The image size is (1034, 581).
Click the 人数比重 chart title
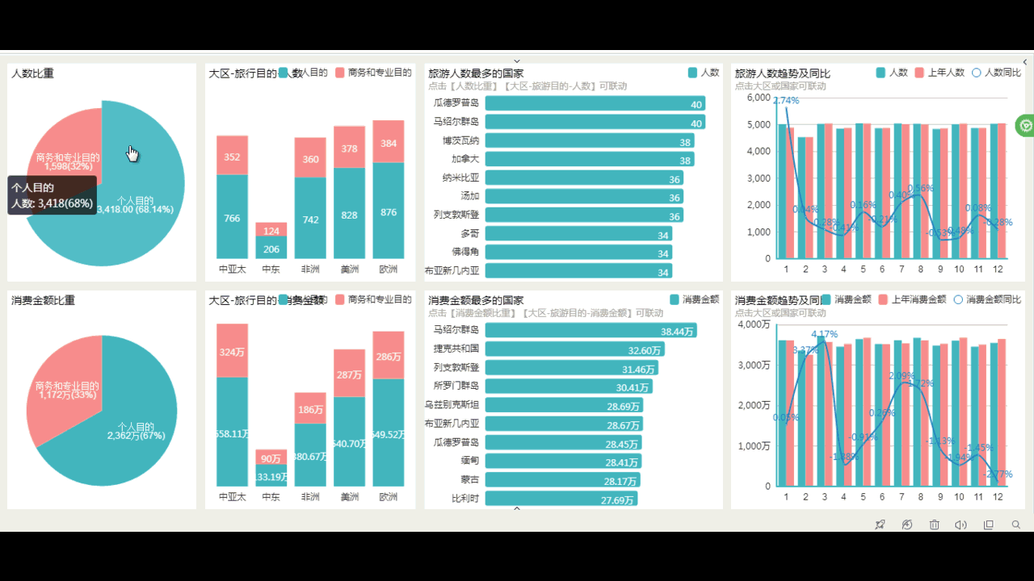tap(33, 73)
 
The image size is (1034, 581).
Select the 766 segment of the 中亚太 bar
tap(232, 217)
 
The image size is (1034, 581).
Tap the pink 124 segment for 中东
tap(271, 230)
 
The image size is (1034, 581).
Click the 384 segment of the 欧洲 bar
tap(389, 142)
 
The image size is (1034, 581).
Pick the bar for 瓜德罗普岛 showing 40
tap(595, 103)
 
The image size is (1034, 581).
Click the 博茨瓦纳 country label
tap(460, 140)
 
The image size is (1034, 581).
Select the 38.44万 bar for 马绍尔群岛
tap(591, 331)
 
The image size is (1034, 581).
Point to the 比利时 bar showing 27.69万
tap(561, 499)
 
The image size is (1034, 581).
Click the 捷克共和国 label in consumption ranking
tap(456, 349)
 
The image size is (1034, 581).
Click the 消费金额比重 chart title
tap(43, 300)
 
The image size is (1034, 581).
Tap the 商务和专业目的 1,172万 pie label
tap(67, 391)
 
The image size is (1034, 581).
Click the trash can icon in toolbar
tap(934, 525)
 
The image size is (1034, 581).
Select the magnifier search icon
tap(1016, 525)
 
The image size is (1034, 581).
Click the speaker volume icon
tap(960, 525)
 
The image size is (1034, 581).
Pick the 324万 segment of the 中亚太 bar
tap(232, 351)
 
